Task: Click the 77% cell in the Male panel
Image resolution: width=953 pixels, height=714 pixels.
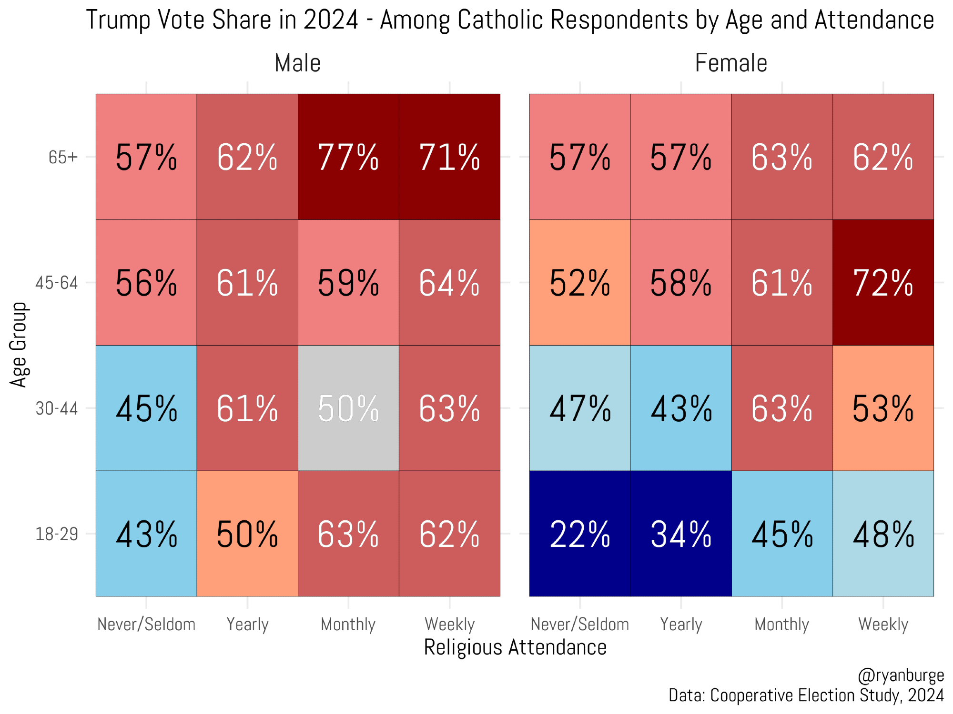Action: tap(348, 157)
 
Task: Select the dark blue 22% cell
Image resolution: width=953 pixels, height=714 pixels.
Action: tap(580, 534)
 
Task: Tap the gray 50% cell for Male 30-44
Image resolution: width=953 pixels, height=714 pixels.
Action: tap(348, 408)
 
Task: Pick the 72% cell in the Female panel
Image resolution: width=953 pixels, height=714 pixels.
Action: tap(883, 282)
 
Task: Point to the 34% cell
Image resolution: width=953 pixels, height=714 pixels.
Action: tap(681, 534)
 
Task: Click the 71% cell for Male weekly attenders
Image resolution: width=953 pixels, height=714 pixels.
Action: tap(449, 157)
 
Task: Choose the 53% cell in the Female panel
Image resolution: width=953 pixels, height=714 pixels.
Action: tap(883, 408)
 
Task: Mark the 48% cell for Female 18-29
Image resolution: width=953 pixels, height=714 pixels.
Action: tap(883, 534)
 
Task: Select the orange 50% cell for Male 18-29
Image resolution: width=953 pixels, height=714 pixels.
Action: tap(247, 534)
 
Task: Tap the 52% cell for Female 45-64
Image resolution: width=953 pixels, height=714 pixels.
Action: tap(580, 282)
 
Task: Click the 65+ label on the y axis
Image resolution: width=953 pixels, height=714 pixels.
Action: tap(63, 157)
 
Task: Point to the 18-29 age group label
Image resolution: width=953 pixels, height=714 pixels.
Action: tap(57, 534)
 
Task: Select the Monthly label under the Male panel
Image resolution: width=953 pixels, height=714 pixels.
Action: tap(348, 624)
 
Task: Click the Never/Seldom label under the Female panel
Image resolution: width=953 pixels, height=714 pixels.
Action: tap(580, 624)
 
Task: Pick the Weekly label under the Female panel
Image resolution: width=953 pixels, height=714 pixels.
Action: tap(883, 624)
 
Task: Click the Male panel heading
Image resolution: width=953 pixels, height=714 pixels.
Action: tap(298, 63)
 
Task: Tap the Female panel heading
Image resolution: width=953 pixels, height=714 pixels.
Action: tap(731, 63)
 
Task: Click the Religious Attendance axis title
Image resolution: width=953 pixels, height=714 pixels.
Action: tap(515, 647)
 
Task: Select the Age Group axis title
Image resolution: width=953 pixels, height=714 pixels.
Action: tap(19, 345)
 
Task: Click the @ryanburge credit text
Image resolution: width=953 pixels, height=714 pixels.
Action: tap(901, 675)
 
